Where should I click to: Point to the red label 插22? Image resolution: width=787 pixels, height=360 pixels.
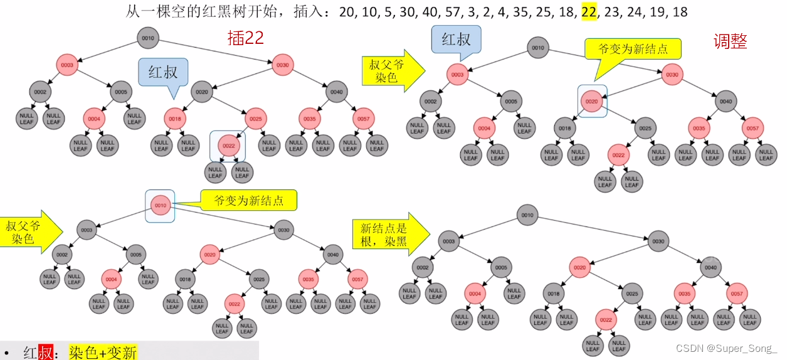[x=245, y=38]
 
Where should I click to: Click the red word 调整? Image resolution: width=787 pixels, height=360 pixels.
[x=730, y=41]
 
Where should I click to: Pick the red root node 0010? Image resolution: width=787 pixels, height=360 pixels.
[x=160, y=205]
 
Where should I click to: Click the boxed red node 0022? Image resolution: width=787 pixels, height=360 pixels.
[x=228, y=146]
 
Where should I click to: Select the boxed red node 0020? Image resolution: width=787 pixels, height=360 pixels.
[x=592, y=101]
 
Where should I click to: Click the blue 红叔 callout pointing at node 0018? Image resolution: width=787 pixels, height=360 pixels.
[x=163, y=72]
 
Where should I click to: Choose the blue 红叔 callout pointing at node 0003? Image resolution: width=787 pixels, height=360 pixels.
[x=456, y=39]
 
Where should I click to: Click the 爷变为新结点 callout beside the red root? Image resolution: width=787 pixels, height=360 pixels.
[x=248, y=201]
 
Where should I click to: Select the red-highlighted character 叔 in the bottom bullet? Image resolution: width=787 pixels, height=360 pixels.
[x=46, y=352]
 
